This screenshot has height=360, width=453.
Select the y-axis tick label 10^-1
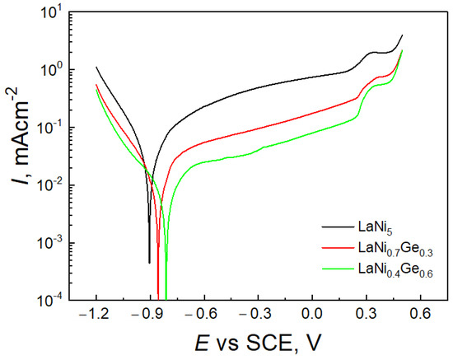[54, 128]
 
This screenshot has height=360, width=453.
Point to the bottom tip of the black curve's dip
[149, 263]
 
